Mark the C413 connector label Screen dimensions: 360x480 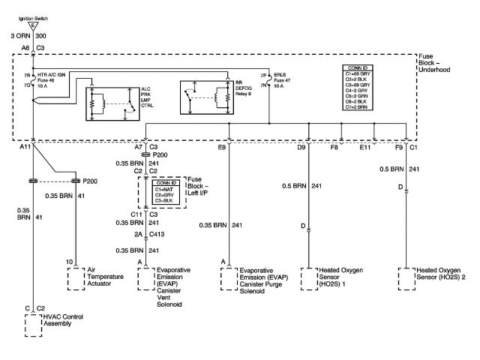pos(157,235)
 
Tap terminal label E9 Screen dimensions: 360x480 pos(221,148)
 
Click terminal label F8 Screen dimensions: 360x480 pos(334,148)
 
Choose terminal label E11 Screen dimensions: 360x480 pos(365,148)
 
